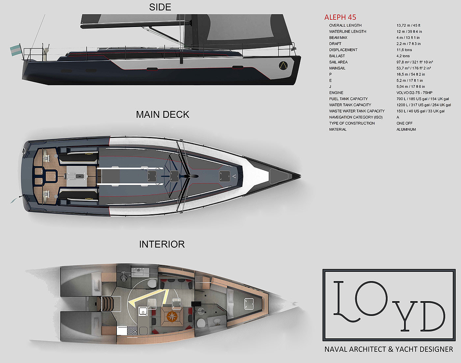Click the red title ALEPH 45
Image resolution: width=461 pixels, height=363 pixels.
(x=340, y=17)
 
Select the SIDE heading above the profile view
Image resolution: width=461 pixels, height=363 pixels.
(x=160, y=7)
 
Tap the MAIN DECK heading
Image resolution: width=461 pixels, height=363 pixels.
(x=163, y=115)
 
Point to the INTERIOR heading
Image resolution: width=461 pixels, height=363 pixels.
(x=162, y=244)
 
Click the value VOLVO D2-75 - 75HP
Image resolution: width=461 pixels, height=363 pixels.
(x=414, y=93)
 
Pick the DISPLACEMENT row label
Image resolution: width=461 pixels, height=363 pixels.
(x=343, y=50)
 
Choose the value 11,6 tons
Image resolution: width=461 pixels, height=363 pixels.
(x=404, y=50)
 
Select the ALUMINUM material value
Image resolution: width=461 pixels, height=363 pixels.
(x=406, y=130)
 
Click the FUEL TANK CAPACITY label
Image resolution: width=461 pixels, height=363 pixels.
(x=348, y=99)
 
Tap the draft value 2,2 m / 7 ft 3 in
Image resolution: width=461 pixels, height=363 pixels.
(x=408, y=44)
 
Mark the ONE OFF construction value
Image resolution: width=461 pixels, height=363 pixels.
(x=404, y=123)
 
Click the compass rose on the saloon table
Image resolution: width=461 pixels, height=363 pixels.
(x=172, y=317)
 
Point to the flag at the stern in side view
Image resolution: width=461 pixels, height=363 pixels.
(x=15, y=50)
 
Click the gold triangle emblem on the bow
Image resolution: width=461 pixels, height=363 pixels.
(x=283, y=65)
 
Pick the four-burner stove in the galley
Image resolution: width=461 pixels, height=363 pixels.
(x=132, y=330)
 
